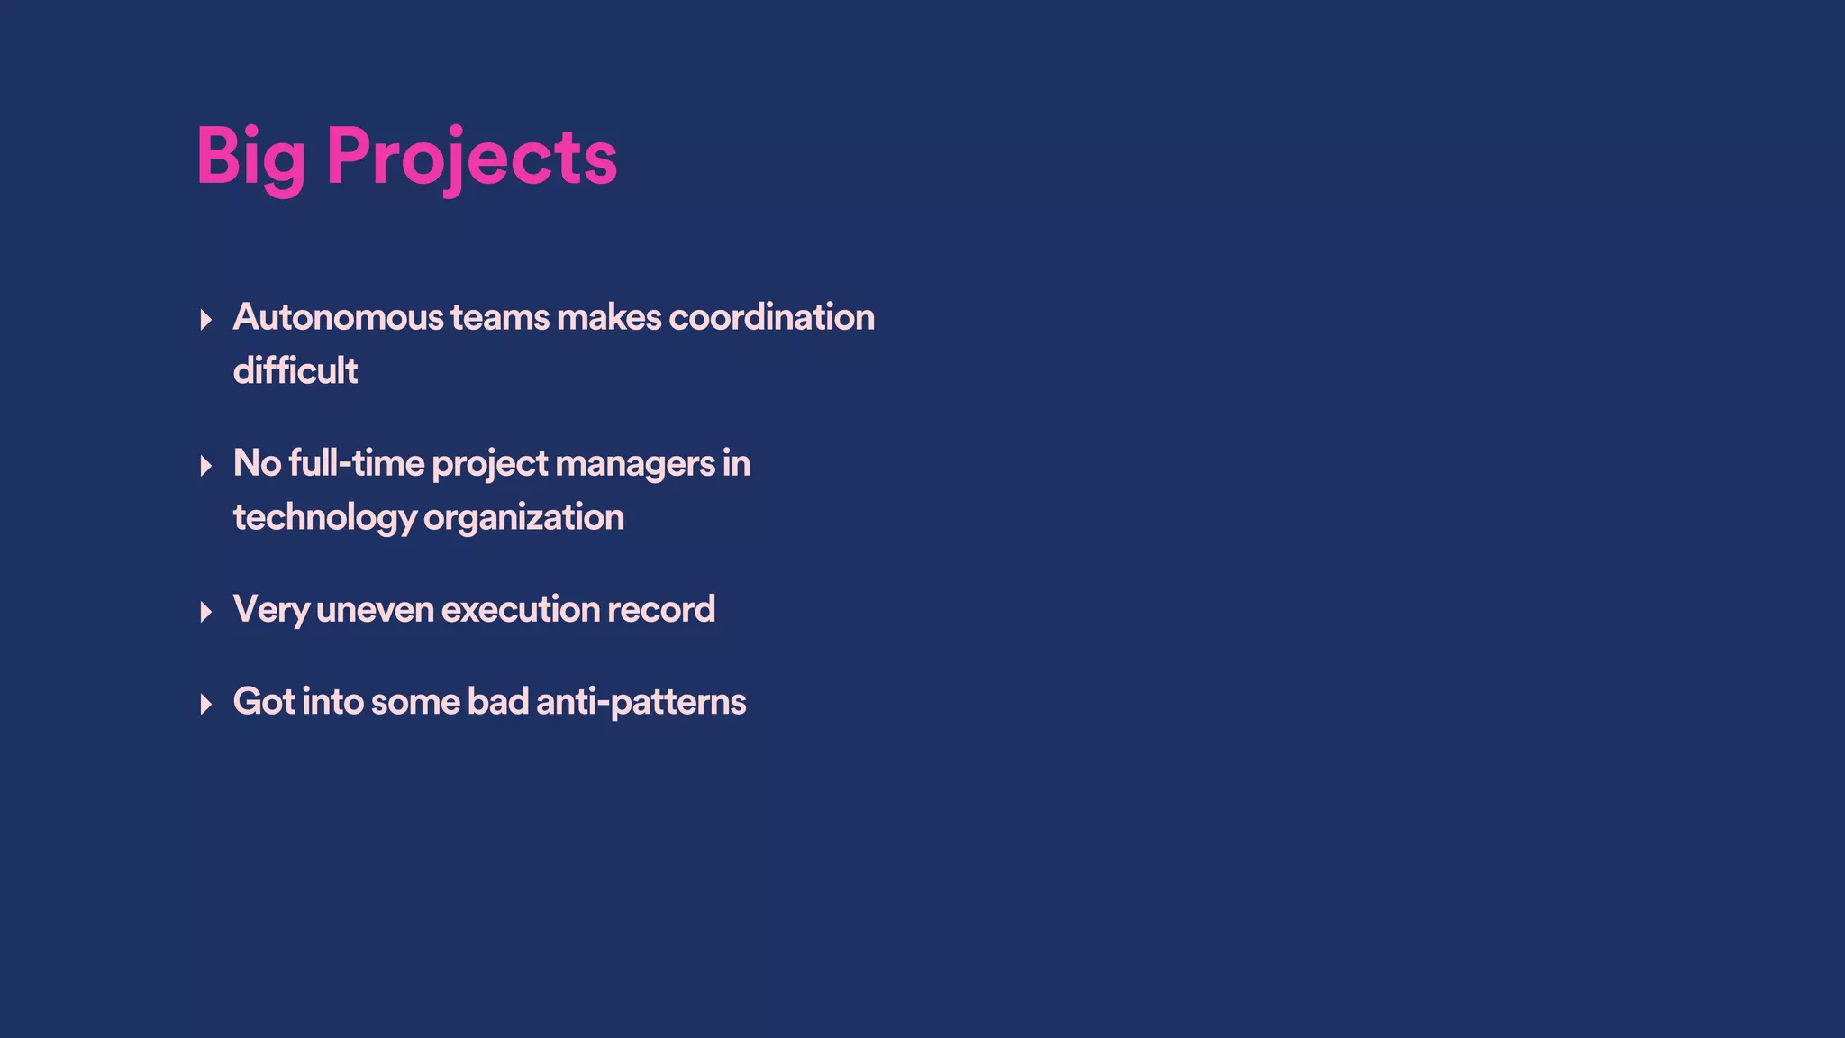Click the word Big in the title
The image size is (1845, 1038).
tap(250, 159)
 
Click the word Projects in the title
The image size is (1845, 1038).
tap(471, 159)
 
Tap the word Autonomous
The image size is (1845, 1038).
tap(339, 317)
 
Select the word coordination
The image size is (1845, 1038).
tap(771, 317)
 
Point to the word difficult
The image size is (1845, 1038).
tap(295, 370)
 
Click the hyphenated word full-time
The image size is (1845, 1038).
tap(356, 463)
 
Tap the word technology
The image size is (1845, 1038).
tap(324, 518)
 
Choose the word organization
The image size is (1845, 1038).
tap(523, 518)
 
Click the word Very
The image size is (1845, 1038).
tap(271, 610)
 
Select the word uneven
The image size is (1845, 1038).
tap(375, 610)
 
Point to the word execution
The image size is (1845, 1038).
tap(520, 610)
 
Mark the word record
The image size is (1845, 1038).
tap(661, 610)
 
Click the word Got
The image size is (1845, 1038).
tap(263, 702)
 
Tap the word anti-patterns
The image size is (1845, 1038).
tap(641, 702)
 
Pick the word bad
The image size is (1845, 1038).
tap(497, 702)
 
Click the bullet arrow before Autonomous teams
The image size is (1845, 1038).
tap(206, 320)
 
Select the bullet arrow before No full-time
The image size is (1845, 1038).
tap(206, 466)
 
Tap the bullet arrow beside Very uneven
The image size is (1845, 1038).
tap(206, 613)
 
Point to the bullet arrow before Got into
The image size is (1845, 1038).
tap(206, 705)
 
